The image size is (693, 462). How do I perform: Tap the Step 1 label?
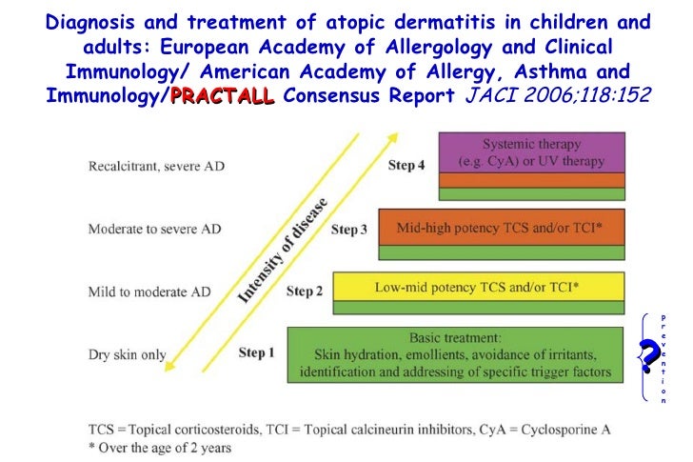coord(256,353)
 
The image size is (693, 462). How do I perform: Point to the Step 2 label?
coord(303,291)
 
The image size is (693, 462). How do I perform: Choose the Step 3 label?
coord(349,230)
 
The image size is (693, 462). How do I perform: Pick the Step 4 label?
coord(406,166)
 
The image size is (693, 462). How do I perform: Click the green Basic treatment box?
coord(455,354)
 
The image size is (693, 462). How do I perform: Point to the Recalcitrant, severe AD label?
coord(156,166)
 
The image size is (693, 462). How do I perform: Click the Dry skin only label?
coord(127,354)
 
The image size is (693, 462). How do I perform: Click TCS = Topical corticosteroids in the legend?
coord(172,429)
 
